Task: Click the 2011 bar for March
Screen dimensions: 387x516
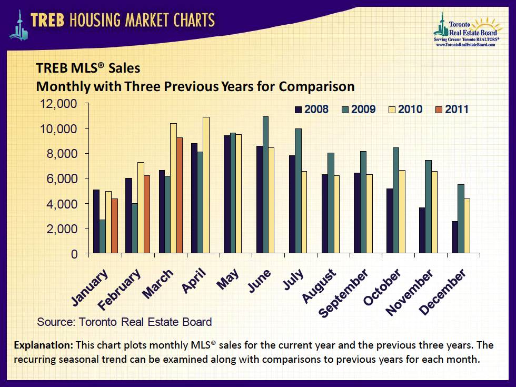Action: (180, 195)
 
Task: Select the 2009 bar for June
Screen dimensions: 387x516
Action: (265, 185)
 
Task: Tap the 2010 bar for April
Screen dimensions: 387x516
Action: (206, 185)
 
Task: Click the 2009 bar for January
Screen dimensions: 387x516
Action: (102, 237)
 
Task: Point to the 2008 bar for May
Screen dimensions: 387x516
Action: (227, 194)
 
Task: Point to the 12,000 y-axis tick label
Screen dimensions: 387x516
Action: (59, 104)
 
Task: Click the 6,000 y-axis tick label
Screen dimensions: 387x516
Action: (62, 179)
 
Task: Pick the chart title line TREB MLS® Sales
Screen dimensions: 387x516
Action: (88, 68)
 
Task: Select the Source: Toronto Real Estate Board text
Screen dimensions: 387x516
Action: (124, 322)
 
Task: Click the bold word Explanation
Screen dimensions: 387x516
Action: (44, 346)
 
